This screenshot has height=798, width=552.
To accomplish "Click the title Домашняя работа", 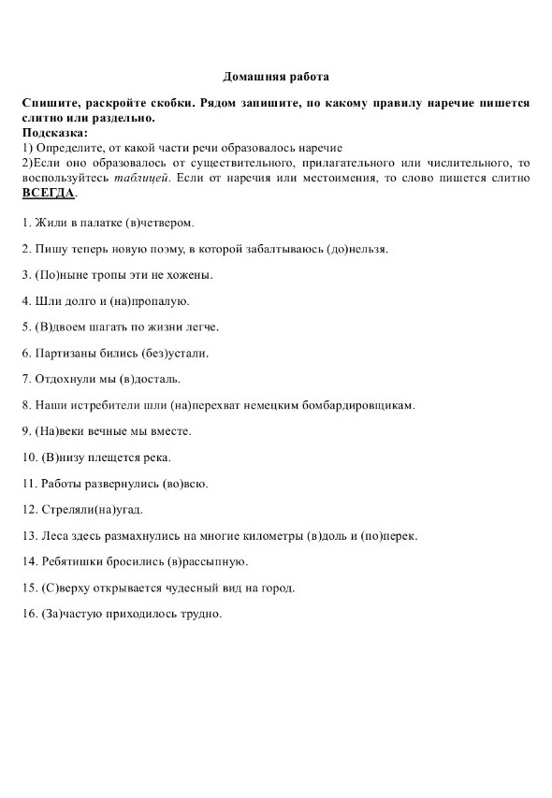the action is pos(276,77).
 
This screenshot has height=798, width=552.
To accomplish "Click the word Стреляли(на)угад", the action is pos(97,509).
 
